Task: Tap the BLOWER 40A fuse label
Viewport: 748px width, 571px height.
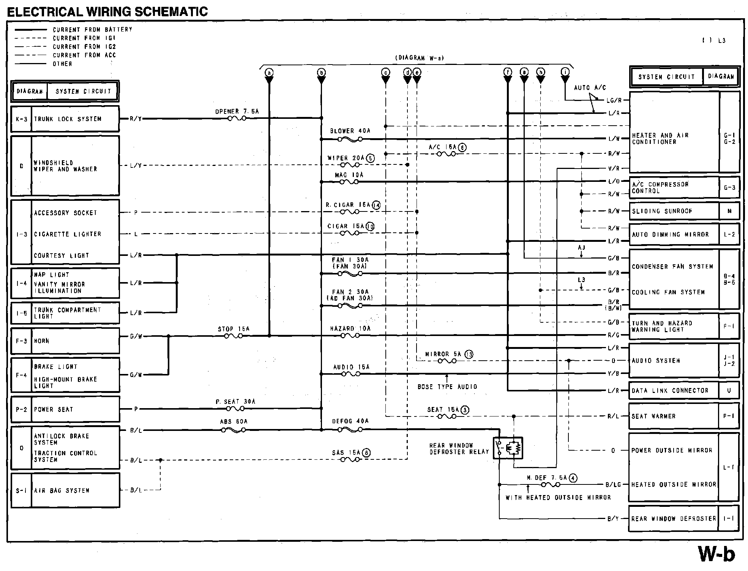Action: tap(350, 131)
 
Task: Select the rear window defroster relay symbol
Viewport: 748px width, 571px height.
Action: tap(508, 448)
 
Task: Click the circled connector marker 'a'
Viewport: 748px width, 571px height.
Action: tap(269, 73)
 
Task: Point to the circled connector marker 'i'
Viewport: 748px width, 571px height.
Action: tap(565, 73)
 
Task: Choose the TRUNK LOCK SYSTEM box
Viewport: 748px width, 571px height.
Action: tap(75, 119)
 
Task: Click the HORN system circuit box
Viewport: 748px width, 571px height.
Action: tap(75, 341)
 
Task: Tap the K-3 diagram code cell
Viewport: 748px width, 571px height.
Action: tap(21, 119)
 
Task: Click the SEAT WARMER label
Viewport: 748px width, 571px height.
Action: tap(653, 416)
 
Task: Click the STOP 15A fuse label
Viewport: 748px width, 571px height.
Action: tap(234, 329)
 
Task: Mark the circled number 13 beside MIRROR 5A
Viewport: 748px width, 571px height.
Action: tap(469, 354)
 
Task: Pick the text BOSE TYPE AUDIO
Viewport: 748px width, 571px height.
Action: tap(447, 386)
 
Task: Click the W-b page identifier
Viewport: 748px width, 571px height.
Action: tap(717, 554)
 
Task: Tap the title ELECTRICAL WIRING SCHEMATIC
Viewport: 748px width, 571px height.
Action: tap(107, 12)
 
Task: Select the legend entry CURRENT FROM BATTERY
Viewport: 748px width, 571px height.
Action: tap(92, 30)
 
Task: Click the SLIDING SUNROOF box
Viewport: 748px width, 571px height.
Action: tap(674, 211)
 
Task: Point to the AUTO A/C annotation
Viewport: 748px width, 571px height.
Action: tap(590, 88)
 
